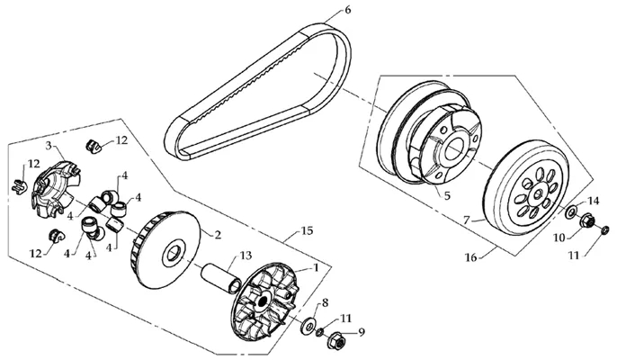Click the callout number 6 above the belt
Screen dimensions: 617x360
347,10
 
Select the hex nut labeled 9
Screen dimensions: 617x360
335,341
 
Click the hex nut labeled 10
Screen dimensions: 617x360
587,220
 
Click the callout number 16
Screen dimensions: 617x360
470,258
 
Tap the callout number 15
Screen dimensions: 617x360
307,230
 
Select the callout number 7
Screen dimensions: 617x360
467,220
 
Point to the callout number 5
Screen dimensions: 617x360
447,196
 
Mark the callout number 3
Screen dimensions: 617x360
49,145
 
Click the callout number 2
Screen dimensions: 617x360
218,235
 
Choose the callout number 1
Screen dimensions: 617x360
315,268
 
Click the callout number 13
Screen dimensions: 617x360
246,256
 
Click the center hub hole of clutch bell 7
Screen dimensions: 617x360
538,193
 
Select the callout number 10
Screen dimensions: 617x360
559,238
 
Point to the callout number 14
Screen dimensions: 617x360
593,202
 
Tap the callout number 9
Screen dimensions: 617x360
362,332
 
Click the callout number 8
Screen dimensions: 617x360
325,302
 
